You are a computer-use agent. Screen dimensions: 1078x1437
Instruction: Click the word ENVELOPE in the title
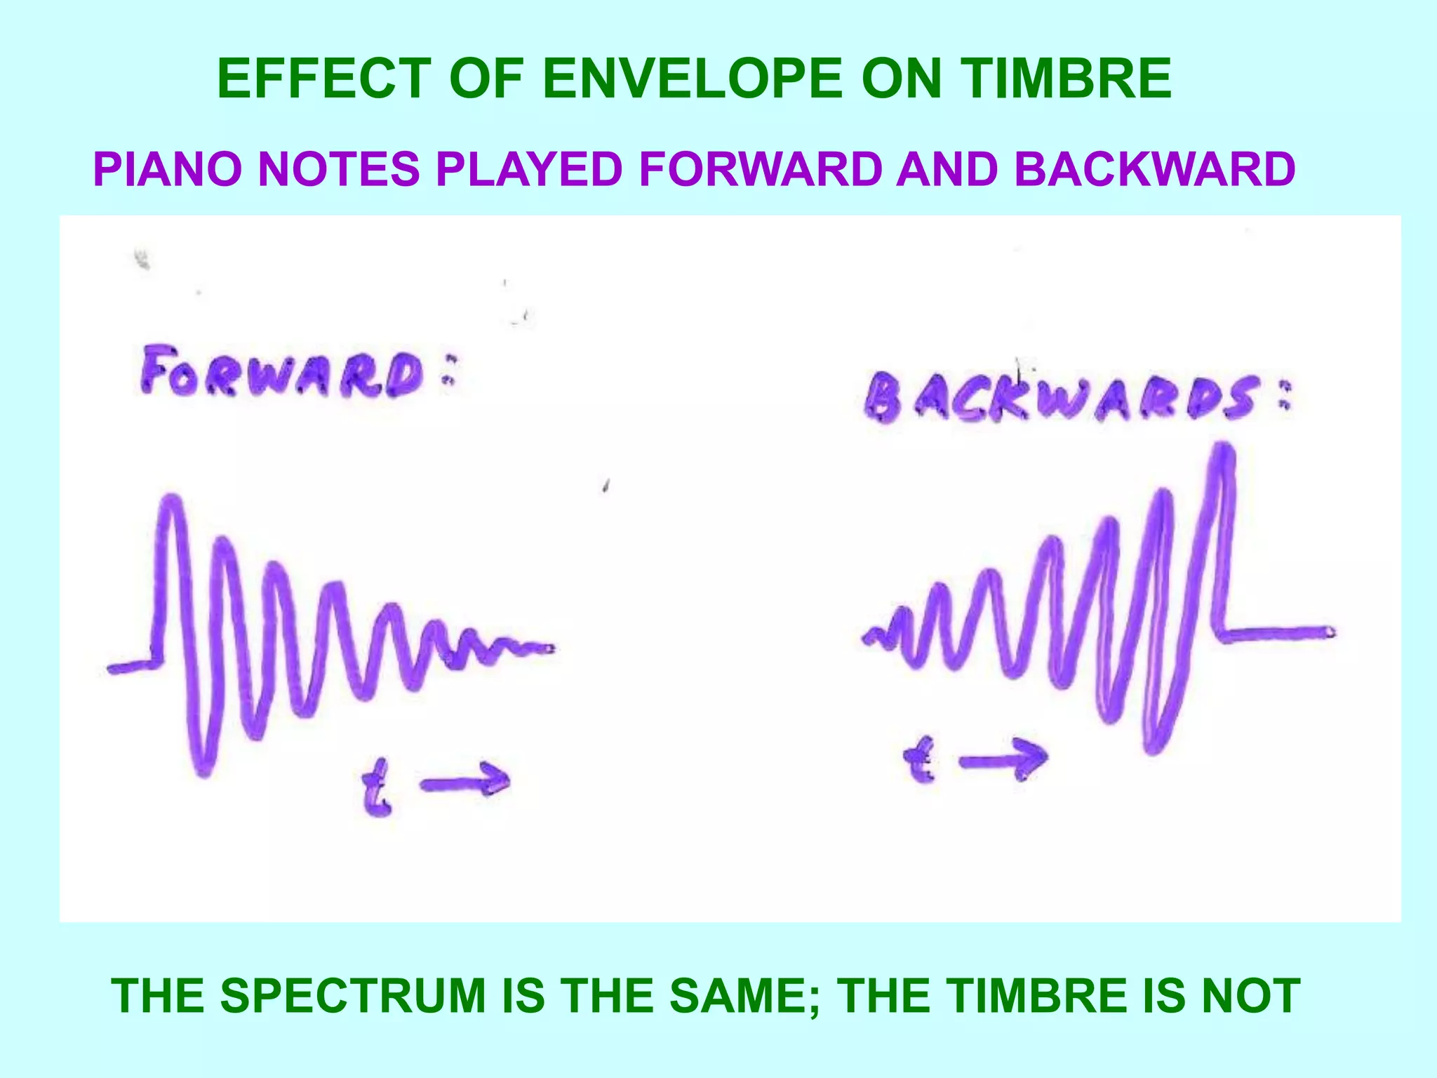click(x=691, y=79)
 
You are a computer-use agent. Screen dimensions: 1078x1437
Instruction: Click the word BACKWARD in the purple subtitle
click(x=1154, y=170)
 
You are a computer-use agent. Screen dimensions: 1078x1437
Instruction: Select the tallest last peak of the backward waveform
click(x=1223, y=450)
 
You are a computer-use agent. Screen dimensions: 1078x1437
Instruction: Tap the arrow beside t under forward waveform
click(x=466, y=781)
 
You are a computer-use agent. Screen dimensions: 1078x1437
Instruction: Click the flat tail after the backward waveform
click(x=1277, y=634)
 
